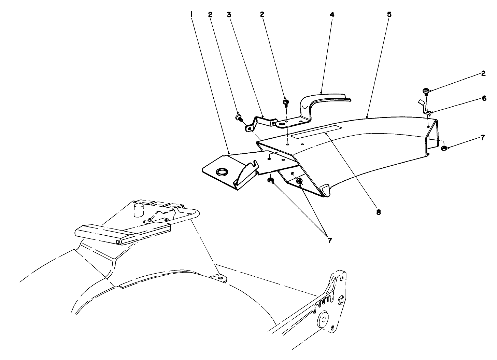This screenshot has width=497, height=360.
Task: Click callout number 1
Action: click(192, 14)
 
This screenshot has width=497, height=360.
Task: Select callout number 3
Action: click(229, 14)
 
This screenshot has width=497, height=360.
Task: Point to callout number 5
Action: click(389, 14)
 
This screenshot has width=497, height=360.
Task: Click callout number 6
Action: click(484, 98)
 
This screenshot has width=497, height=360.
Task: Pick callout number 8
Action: click(378, 212)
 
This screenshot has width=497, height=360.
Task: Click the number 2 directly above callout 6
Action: click(483, 74)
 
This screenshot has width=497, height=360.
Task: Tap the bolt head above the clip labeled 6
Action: click(425, 91)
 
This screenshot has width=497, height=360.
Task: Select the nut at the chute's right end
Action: click(444, 148)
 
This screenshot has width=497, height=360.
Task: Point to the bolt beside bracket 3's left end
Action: click(239, 117)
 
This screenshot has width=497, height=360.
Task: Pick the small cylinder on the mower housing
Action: click(138, 210)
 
